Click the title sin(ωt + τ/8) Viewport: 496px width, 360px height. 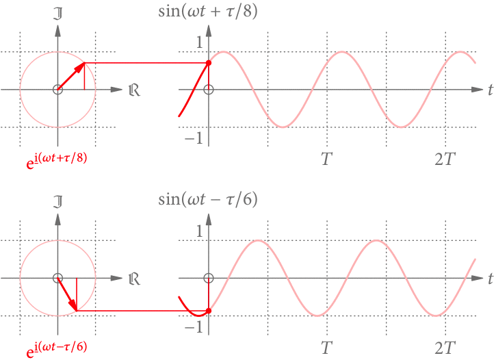click(208, 12)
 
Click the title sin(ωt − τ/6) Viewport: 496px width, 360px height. click(208, 200)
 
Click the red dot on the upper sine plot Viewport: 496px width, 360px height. click(209, 63)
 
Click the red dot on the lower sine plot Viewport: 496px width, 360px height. click(209, 311)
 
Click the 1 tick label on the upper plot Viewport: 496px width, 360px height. click(200, 42)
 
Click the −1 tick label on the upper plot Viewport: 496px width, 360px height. click(195, 138)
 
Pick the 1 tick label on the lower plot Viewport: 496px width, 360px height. click(200, 231)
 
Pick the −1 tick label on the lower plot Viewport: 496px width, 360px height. click(195, 326)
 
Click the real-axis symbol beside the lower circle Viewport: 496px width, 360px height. click(134, 279)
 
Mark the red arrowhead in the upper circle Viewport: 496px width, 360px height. click(80, 67)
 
